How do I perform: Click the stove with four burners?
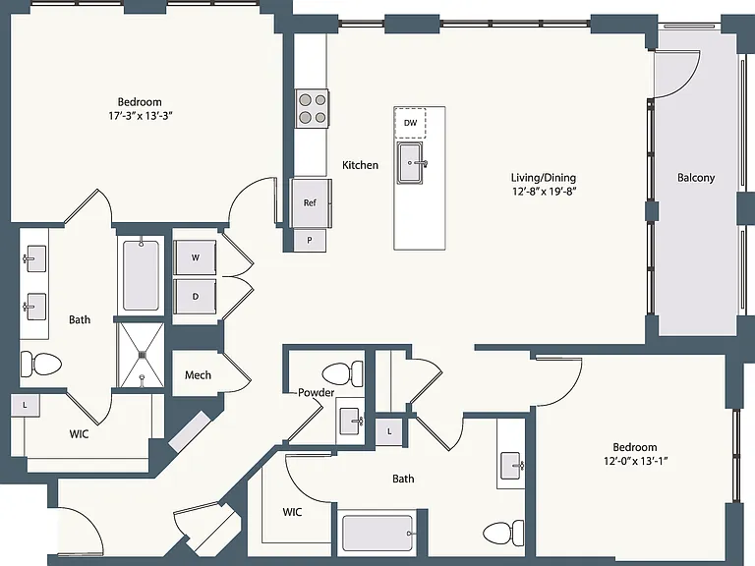pos(312,108)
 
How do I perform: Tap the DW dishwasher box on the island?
pos(410,123)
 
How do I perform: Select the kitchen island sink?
pos(410,163)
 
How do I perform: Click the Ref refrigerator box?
pos(310,202)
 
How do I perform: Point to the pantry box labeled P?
pos(310,240)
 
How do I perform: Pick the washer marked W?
pos(195,257)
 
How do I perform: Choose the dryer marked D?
pos(195,297)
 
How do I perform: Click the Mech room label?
pos(198,375)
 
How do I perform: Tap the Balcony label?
pos(696,178)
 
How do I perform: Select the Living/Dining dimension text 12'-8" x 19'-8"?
pos(544,191)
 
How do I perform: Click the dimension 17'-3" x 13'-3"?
pos(141,116)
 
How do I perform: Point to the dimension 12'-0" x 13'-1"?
pos(635,461)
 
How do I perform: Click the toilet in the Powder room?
pos(343,373)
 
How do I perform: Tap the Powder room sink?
pos(350,422)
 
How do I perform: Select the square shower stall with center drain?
pos(142,355)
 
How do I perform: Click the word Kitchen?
pos(360,165)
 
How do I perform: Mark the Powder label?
pos(316,392)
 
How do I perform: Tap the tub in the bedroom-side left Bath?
pos(141,275)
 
